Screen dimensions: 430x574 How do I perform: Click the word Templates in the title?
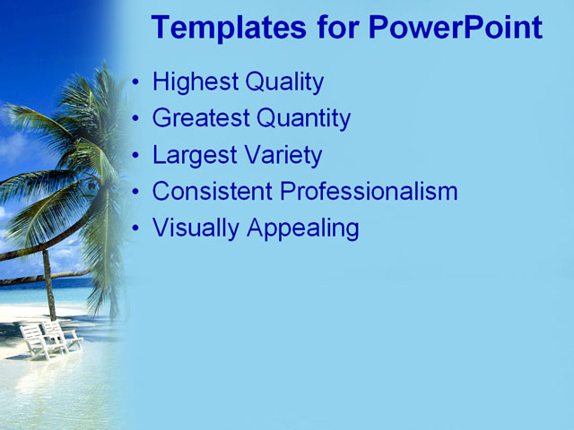pyautogui.click(x=229, y=28)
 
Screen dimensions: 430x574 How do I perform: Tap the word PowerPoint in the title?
pyautogui.click(x=455, y=28)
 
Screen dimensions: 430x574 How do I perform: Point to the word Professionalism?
pyautogui.click(x=369, y=192)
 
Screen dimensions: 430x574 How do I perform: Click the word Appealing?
pyautogui.click(x=302, y=228)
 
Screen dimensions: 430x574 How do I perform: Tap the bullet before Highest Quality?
pyautogui.click(x=135, y=83)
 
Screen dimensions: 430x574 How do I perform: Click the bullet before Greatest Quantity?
pyautogui.click(x=135, y=119)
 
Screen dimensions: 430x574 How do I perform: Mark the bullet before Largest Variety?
pyautogui.click(x=135, y=156)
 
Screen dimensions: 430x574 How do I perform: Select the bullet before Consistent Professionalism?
pyautogui.click(x=135, y=193)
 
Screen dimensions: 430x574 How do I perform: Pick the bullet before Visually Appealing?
pyautogui.click(x=135, y=229)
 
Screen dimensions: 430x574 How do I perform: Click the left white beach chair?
pyautogui.click(x=36, y=340)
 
